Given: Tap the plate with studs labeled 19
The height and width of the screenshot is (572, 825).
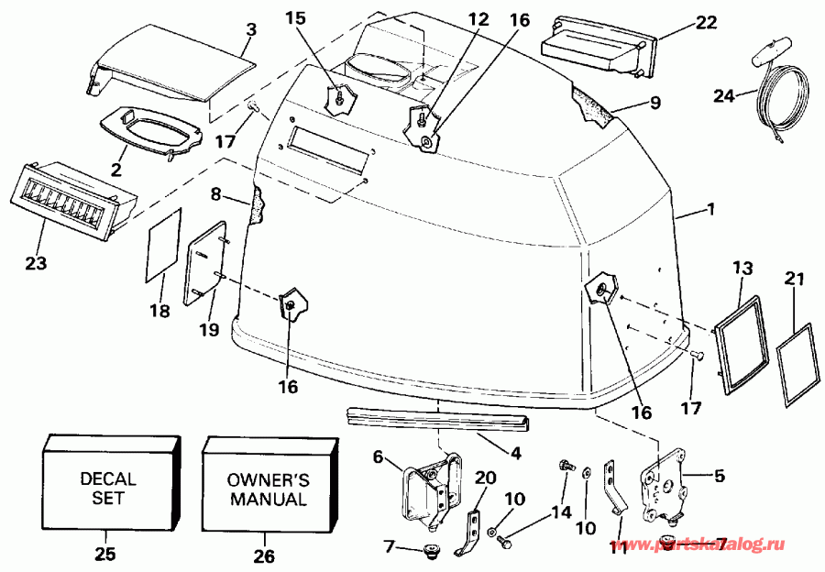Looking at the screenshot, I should [206, 262].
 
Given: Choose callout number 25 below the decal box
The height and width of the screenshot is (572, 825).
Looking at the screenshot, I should [106, 553].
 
